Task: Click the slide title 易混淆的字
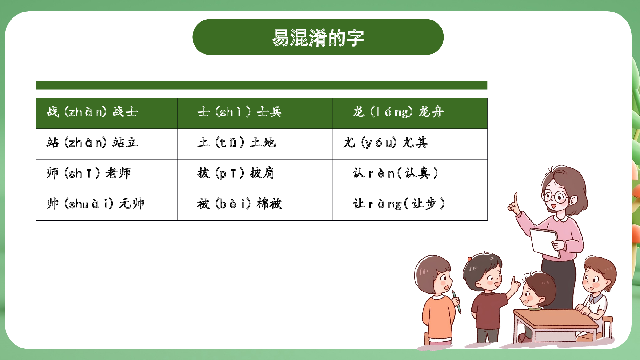click(x=318, y=37)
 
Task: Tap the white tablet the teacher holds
click(x=544, y=242)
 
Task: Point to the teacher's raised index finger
click(x=516, y=198)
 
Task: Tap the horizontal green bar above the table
click(x=261, y=85)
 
